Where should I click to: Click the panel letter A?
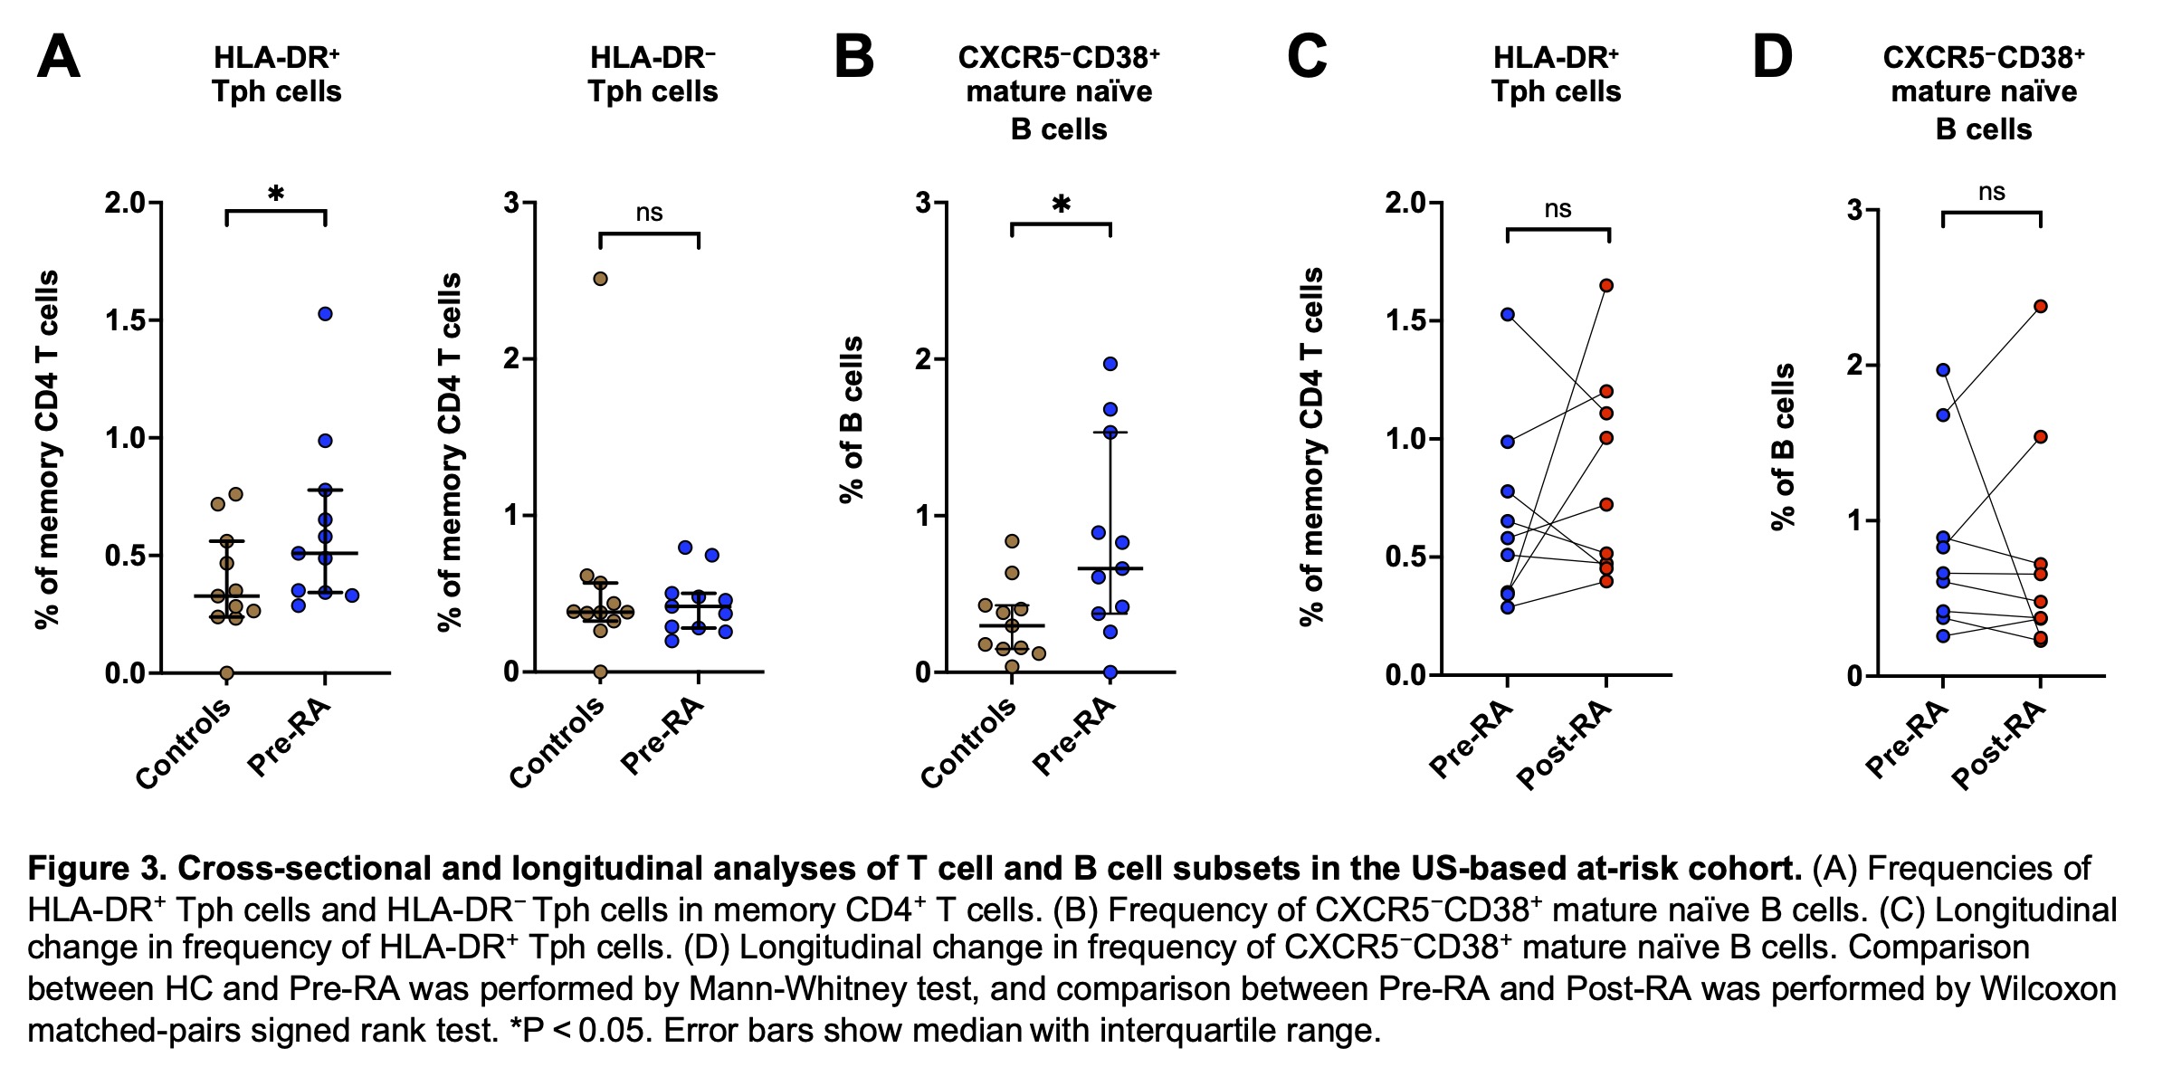pos(58,58)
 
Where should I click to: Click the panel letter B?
pos(853,58)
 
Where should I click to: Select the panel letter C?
pos(1306,58)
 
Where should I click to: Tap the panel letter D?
pos(1771,58)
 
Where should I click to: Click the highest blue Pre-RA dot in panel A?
pos(325,314)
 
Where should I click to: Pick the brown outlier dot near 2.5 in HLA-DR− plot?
pos(600,279)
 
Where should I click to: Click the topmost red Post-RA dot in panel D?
pos(2041,307)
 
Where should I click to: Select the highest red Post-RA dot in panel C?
pos(1606,286)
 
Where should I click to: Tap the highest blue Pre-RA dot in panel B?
pos(1110,364)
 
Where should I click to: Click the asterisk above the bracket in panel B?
pos(1061,205)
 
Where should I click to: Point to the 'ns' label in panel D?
pos(1991,192)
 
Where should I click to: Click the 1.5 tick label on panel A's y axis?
pos(126,320)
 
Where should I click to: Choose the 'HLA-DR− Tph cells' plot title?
pos(653,75)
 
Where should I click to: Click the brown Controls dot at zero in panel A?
pos(226,672)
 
